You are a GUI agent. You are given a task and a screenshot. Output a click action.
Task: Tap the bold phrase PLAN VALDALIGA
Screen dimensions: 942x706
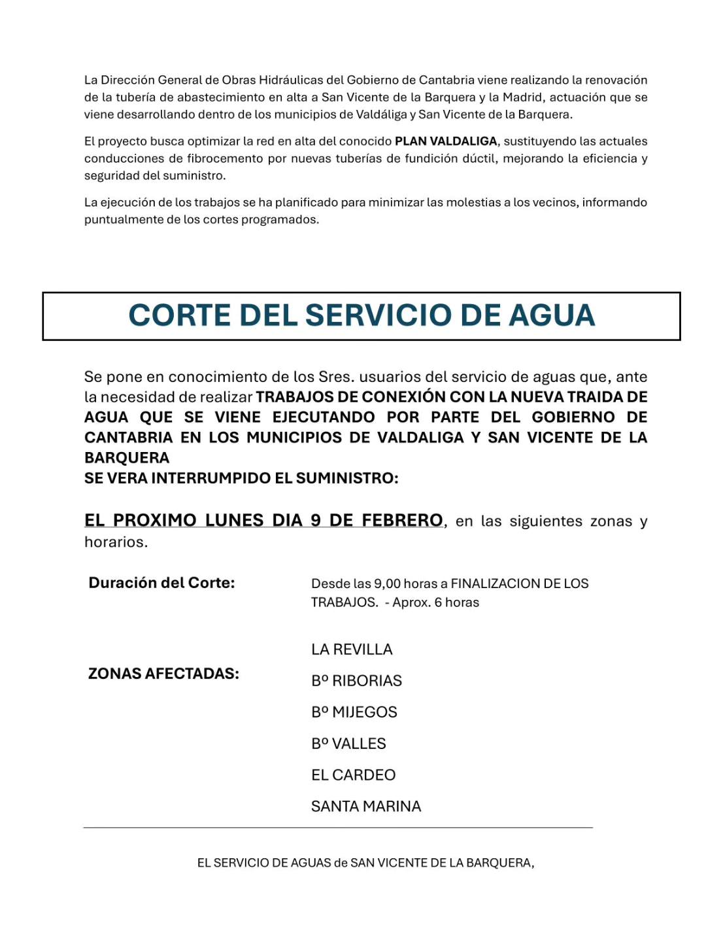446,141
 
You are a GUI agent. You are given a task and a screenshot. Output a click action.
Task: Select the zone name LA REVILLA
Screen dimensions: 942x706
352,650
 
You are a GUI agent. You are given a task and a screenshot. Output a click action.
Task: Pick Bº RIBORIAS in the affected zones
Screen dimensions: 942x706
356,681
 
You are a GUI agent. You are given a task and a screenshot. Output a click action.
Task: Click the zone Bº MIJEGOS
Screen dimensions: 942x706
354,712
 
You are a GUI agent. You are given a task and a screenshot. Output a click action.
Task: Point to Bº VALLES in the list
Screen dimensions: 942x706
348,744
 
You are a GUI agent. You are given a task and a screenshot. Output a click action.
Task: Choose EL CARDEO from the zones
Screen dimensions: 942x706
353,775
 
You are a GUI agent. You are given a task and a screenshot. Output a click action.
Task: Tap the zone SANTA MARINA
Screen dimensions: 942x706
366,807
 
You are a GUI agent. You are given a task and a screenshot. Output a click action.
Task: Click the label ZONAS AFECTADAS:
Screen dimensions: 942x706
163,674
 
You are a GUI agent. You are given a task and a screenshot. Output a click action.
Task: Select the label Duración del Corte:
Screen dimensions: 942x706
161,583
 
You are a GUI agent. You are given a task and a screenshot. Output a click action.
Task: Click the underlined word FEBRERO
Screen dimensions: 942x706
402,521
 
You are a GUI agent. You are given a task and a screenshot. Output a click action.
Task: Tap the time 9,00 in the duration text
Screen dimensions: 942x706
386,584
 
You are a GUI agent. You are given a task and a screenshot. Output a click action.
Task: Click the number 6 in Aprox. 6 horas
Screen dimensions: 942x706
438,602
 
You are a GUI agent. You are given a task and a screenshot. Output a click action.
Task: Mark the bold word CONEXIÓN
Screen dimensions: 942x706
403,397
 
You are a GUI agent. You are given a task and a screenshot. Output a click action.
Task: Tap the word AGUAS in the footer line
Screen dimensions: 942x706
311,863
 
